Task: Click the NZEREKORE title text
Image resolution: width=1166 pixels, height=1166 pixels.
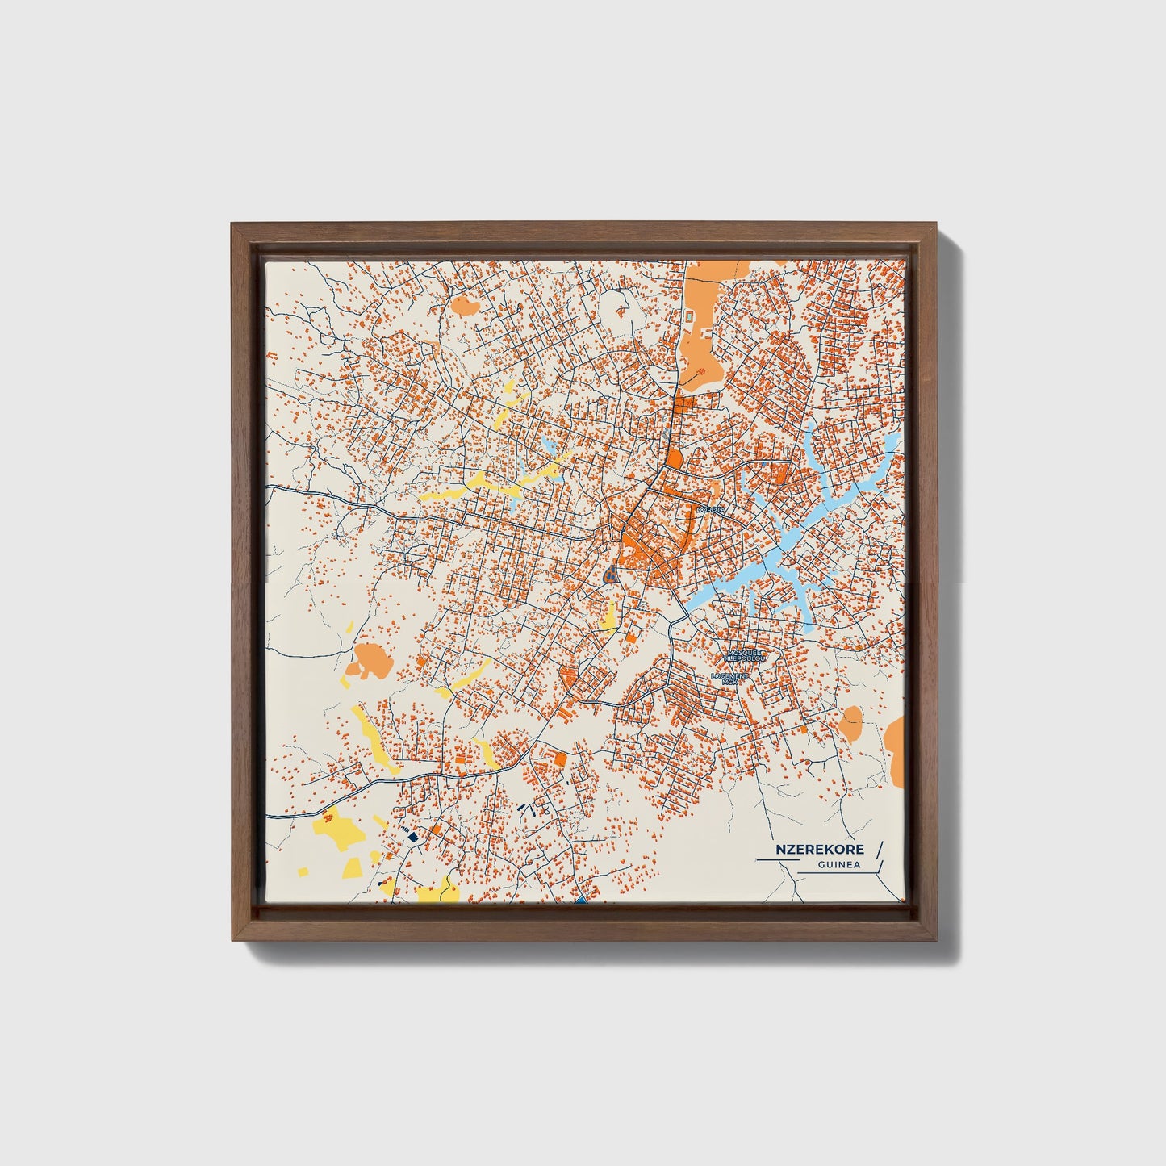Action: point(821,849)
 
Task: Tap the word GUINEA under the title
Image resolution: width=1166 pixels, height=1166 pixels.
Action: point(838,866)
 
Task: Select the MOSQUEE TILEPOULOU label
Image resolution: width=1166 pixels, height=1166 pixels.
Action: point(745,655)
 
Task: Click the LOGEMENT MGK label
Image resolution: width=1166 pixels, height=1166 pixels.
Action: point(731,679)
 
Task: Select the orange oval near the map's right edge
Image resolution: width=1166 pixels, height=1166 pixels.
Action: point(850,722)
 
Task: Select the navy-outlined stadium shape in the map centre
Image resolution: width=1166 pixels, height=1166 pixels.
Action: point(610,575)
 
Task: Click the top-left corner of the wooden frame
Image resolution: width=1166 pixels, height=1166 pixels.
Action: point(233,225)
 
